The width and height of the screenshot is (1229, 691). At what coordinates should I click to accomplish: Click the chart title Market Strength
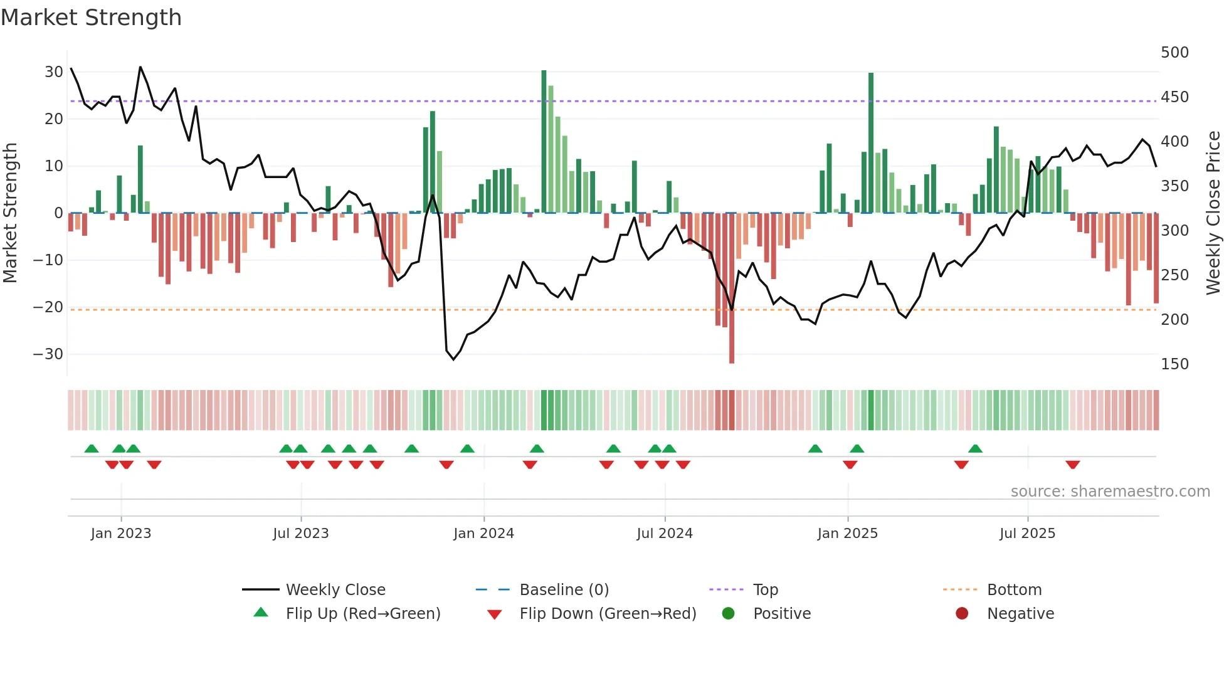tap(91, 18)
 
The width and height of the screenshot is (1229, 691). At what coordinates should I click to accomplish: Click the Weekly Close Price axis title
tap(1213, 213)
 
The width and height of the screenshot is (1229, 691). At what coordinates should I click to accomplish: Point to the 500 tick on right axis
tap(1174, 53)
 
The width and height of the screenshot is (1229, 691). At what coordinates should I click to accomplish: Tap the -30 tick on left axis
tap(48, 354)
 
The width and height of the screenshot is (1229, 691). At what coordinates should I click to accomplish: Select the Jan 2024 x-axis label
tap(483, 534)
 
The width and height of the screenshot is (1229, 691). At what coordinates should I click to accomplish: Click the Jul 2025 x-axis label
tap(1027, 534)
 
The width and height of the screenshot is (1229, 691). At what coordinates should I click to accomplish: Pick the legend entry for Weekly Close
tap(335, 590)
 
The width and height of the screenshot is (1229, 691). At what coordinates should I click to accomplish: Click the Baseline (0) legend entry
tap(564, 590)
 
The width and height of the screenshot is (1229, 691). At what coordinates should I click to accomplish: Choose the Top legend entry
tap(765, 590)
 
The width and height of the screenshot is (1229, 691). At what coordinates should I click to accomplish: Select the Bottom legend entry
tap(1014, 590)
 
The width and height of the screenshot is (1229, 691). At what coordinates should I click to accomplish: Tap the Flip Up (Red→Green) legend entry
tap(362, 614)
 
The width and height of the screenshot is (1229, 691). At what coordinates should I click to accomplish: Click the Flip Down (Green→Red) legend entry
tap(608, 614)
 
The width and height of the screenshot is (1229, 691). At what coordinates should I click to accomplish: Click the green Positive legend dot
tap(728, 613)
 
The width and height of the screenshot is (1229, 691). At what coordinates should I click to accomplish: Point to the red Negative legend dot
tap(962, 613)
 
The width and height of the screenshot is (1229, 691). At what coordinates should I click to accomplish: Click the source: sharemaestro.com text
tap(1110, 492)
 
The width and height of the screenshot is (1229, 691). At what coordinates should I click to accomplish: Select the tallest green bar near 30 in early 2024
tap(544, 141)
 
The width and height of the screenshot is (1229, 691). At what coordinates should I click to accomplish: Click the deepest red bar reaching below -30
tap(732, 288)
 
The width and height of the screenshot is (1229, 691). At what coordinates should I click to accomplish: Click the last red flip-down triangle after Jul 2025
tap(1072, 465)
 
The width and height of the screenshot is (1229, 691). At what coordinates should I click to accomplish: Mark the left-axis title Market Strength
tap(11, 213)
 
